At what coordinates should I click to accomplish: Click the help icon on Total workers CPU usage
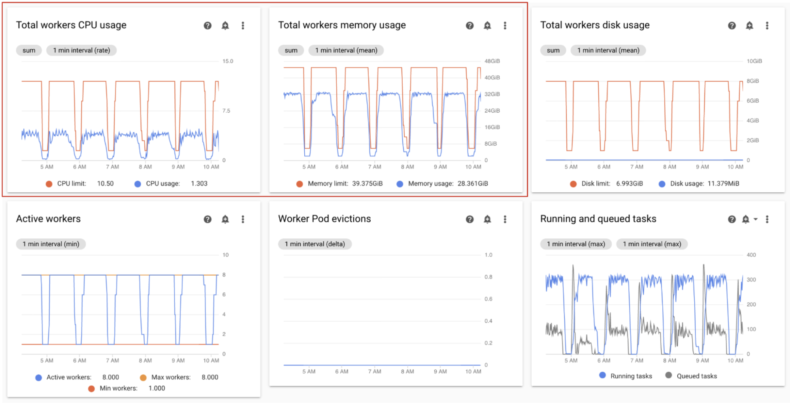click(x=207, y=26)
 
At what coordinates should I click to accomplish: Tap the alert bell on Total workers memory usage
click(x=487, y=26)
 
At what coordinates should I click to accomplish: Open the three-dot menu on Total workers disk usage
click(x=767, y=26)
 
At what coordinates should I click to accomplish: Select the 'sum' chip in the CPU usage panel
click(x=29, y=51)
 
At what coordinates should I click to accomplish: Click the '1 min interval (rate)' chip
click(x=81, y=51)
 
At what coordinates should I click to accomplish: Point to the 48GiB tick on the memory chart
click(x=492, y=61)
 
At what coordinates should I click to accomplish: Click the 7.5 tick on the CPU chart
click(x=226, y=111)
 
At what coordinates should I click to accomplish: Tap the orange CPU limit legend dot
click(x=49, y=184)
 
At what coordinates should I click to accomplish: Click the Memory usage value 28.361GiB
click(x=473, y=184)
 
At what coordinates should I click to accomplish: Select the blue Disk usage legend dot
click(x=662, y=184)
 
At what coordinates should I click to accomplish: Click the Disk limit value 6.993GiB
click(x=630, y=184)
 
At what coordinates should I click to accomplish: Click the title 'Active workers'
click(x=48, y=219)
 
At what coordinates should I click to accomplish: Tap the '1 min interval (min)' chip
click(x=51, y=244)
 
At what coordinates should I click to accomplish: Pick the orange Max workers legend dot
click(x=143, y=378)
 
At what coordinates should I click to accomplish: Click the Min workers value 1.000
click(x=157, y=388)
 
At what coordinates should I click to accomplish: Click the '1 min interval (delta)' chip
click(x=315, y=244)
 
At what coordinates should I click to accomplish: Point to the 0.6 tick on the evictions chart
click(x=488, y=299)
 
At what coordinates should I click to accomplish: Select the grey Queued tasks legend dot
click(x=668, y=375)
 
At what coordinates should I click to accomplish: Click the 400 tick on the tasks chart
click(x=751, y=255)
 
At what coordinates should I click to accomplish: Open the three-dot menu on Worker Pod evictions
click(x=505, y=219)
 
